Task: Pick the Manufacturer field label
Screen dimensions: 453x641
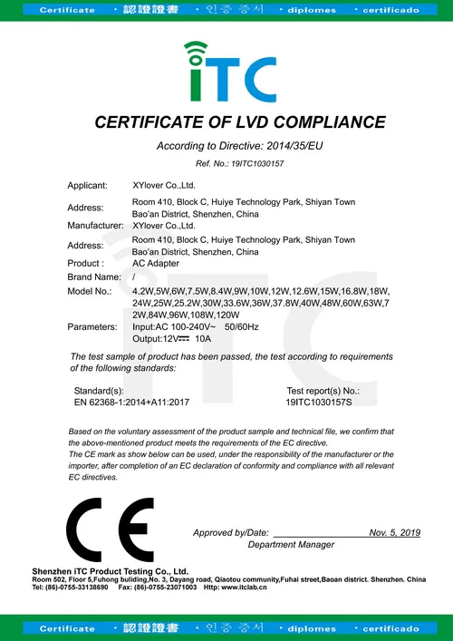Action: tap(95, 225)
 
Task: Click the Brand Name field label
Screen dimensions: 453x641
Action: tap(94, 276)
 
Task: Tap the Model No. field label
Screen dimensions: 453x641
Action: tap(90, 290)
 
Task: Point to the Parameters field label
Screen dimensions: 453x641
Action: tap(92, 325)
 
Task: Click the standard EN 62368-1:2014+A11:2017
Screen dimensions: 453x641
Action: tap(131, 400)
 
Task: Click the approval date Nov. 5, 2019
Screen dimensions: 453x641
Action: tap(395, 532)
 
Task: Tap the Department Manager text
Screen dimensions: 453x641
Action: tap(291, 545)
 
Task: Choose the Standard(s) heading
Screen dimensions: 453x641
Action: tap(98, 389)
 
